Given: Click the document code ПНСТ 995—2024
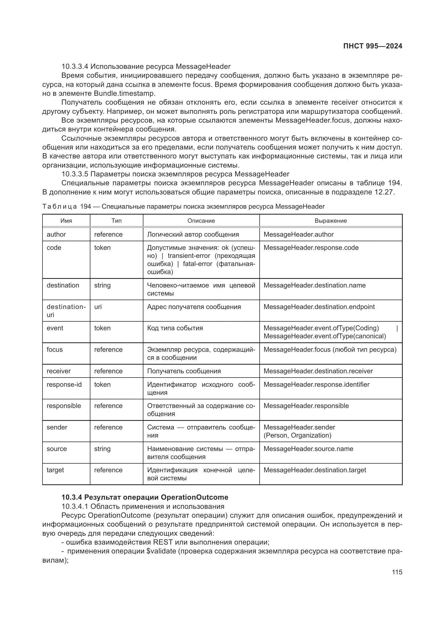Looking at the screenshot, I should pyautogui.click(x=373, y=46).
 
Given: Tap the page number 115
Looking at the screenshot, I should pyautogui.click(x=397, y=572).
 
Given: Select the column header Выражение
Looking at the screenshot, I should pyautogui.click(x=330, y=221).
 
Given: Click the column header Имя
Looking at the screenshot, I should pyautogui.click(x=66, y=221).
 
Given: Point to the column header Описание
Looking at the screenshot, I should pyautogui.click(x=201, y=221).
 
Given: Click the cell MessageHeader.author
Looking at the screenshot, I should pyautogui.click(x=298, y=234).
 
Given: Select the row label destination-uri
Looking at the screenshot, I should pyautogui.click(x=66, y=311).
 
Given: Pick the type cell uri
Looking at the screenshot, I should pyautogui.click(x=98, y=307).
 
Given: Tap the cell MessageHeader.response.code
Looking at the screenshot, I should pyautogui.click(x=311, y=248).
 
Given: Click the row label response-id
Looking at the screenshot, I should pyautogui.click(x=64, y=385).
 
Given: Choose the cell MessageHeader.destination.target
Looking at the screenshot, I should pyautogui.click(x=315, y=470).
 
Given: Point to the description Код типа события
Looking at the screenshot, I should pyautogui.click(x=175, y=328).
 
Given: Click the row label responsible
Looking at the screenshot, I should pyautogui.click(x=63, y=406).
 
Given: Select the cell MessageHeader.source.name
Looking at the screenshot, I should pyautogui.click(x=308, y=449).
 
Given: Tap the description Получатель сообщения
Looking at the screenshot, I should pyautogui.click(x=184, y=371).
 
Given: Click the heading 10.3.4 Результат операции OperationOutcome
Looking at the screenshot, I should pyautogui.click(x=145, y=497).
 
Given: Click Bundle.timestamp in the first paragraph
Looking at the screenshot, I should pyautogui.click(x=124, y=93).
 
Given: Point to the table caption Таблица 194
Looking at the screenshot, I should pyautogui.click(x=66, y=207).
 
